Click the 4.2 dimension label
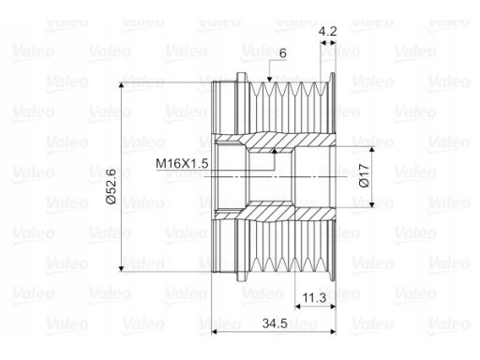coord(327,32)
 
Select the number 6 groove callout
coord(282,53)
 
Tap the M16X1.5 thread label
coord(182,163)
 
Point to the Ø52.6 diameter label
coord(112,186)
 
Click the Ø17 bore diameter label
coord(364,175)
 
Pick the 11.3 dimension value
coord(315,298)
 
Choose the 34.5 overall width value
coord(275,323)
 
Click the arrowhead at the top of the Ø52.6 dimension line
coord(122,86)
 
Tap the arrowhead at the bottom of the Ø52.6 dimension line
coord(122,268)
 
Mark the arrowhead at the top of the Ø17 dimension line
coord(371,150)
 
